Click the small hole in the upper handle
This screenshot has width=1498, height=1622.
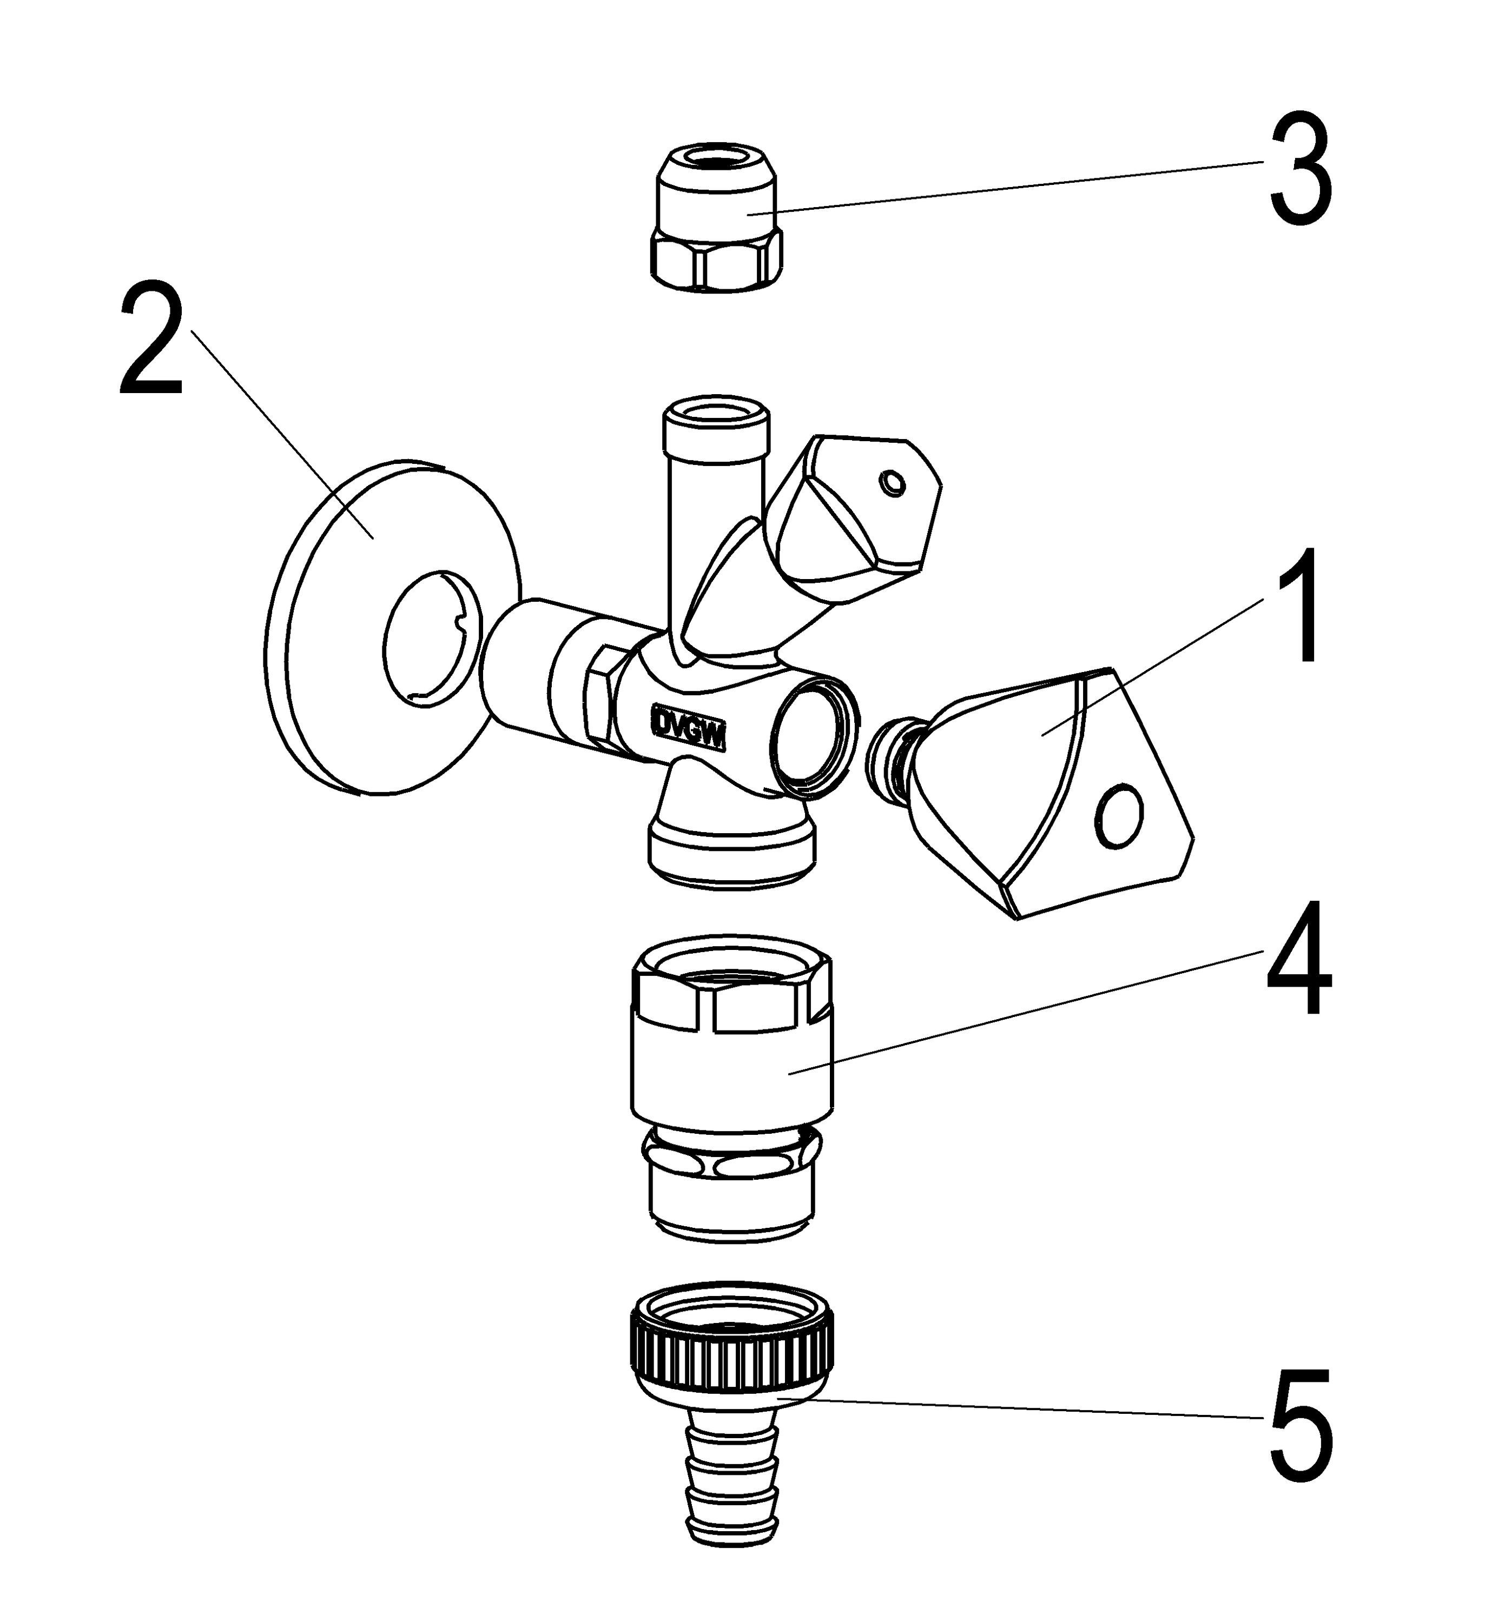click(x=893, y=484)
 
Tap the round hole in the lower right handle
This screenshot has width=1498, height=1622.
click(x=1120, y=816)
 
